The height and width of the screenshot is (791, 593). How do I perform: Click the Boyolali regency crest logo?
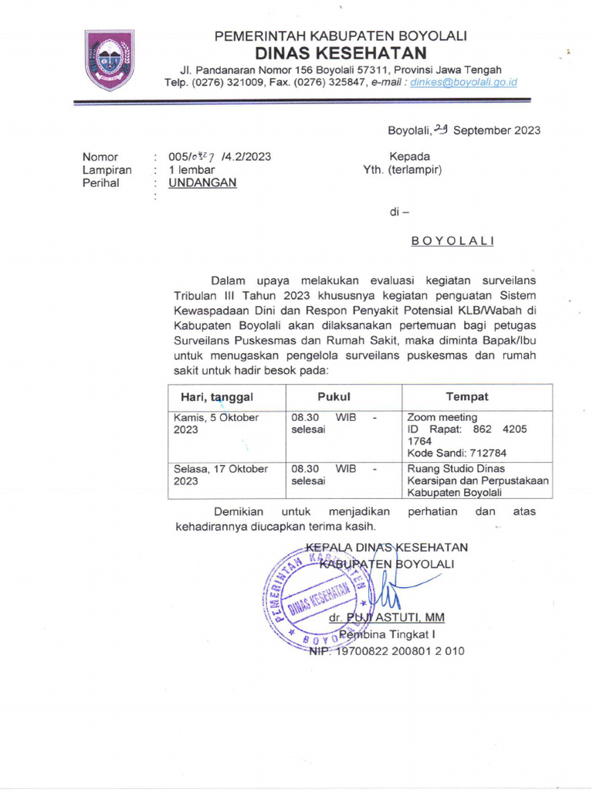109,59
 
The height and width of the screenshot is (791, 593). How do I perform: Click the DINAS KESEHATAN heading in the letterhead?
341,53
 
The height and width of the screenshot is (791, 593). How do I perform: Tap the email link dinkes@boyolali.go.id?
463,82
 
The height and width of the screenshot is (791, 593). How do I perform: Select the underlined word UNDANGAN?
203,183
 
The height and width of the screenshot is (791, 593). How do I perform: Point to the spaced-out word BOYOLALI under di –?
452,241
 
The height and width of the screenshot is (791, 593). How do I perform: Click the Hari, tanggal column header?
216,396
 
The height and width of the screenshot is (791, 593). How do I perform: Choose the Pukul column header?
334,396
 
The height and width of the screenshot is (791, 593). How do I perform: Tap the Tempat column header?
466,396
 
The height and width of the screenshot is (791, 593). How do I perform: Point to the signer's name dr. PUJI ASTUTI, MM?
386,619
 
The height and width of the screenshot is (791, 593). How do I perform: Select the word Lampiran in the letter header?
107,170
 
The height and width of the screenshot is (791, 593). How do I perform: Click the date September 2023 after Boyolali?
496,130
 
